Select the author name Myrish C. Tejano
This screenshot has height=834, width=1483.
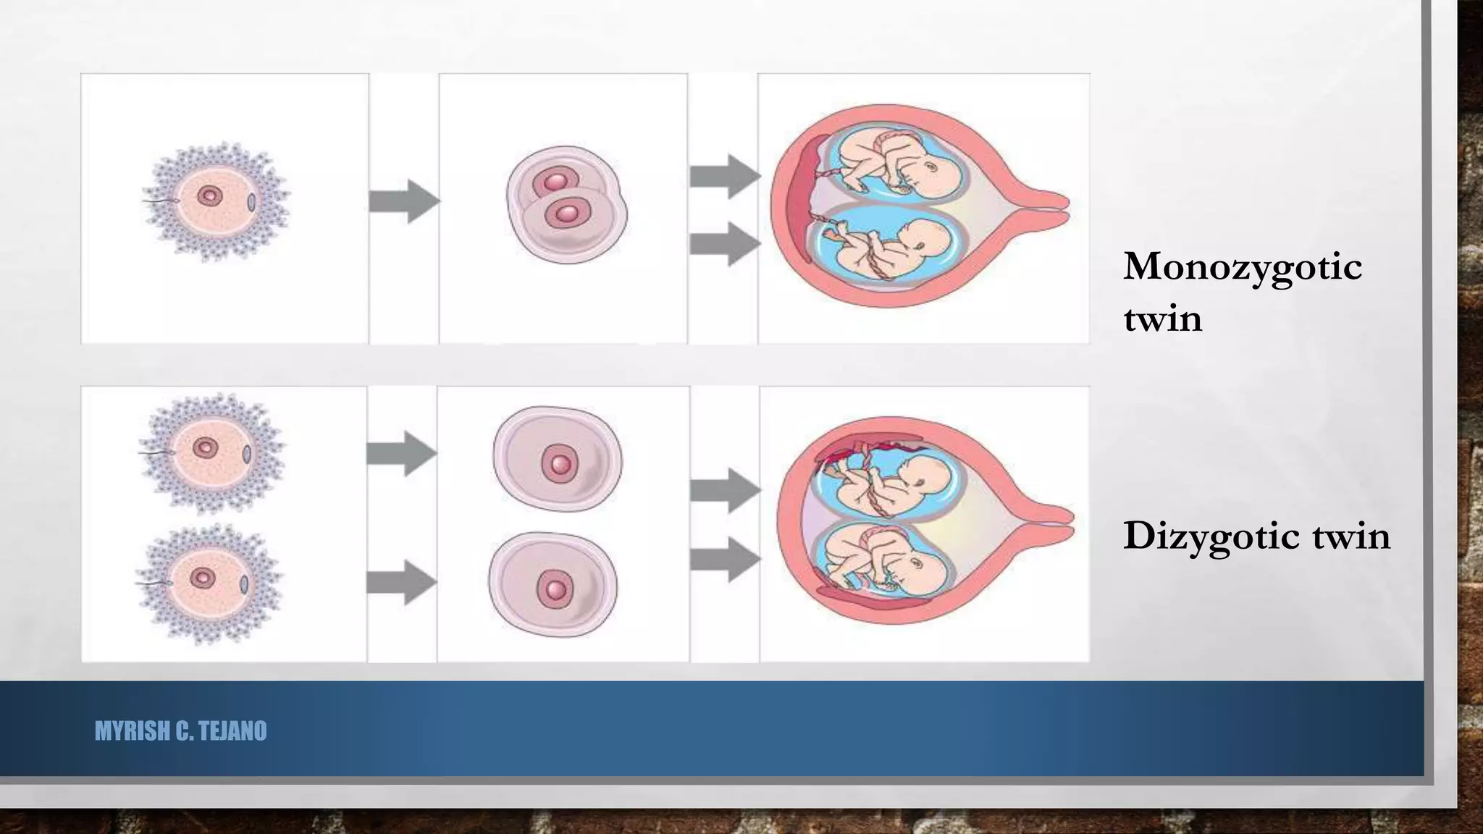click(x=180, y=731)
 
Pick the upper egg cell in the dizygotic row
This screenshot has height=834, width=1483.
click(x=211, y=450)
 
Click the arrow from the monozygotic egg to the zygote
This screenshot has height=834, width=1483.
click(x=404, y=201)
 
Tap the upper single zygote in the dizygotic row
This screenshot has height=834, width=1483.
click(x=557, y=460)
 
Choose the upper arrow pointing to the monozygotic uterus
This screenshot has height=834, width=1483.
click(x=724, y=176)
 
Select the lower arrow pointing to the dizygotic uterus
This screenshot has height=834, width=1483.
click(x=724, y=558)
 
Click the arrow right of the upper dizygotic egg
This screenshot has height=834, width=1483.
click(x=401, y=453)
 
